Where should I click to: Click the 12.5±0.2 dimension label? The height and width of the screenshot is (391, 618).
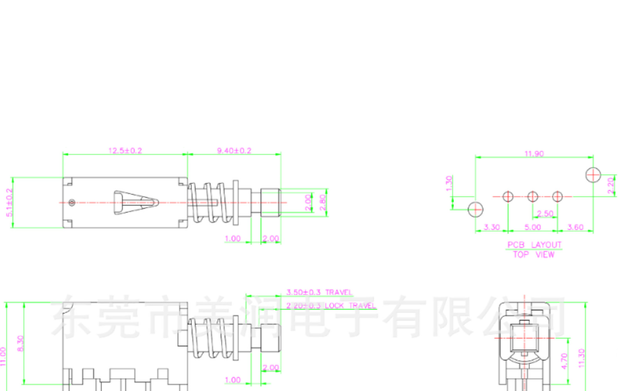pyautogui.click(x=125, y=151)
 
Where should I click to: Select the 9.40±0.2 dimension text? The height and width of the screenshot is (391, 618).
pyautogui.click(x=234, y=151)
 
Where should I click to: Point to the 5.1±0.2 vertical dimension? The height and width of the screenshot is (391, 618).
pyautogui.click(x=9, y=202)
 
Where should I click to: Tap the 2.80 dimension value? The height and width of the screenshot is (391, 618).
pyautogui.click(x=323, y=203)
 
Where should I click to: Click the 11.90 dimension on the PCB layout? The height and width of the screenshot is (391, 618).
pyautogui.click(x=534, y=154)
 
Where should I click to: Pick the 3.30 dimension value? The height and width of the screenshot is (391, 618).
pyautogui.click(x=492, y=227)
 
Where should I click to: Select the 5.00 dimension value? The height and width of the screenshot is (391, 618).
pyautogui.click(x=532, y=227)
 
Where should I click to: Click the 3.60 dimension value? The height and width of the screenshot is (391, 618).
pyautogui.click(x=575, y=227)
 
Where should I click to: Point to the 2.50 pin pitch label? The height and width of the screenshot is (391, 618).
pyautogui.click(x=545, y=213)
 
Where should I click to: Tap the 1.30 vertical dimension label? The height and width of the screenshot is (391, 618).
pyautogui.click(x=449, y=183)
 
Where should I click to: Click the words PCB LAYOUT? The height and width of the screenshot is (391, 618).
pyautogui.click(x=534, y=245)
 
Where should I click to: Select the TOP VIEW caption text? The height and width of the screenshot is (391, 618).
pyautogui.click(x=534, y=255)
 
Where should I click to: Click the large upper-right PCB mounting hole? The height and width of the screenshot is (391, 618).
pyautogui.click(x=593, y=175)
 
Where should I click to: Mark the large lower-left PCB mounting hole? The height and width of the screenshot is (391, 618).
pyautogui.click(x=475, y=210)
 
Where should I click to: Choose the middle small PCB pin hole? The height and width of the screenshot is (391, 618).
pyautogui.click(x=532, y=196)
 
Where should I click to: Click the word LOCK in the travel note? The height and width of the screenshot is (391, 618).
pyautogui.click(x=334, y=305)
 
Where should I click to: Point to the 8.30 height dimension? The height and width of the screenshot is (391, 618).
pyautogui.click(x=20, y=343)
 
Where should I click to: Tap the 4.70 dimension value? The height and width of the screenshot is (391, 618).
pyautogui.click(x=564, y=361)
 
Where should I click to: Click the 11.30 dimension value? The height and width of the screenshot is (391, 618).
pyautogui.click(x=581, y=358)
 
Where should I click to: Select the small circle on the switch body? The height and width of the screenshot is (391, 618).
pyautogui.click(x=72, y=203)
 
